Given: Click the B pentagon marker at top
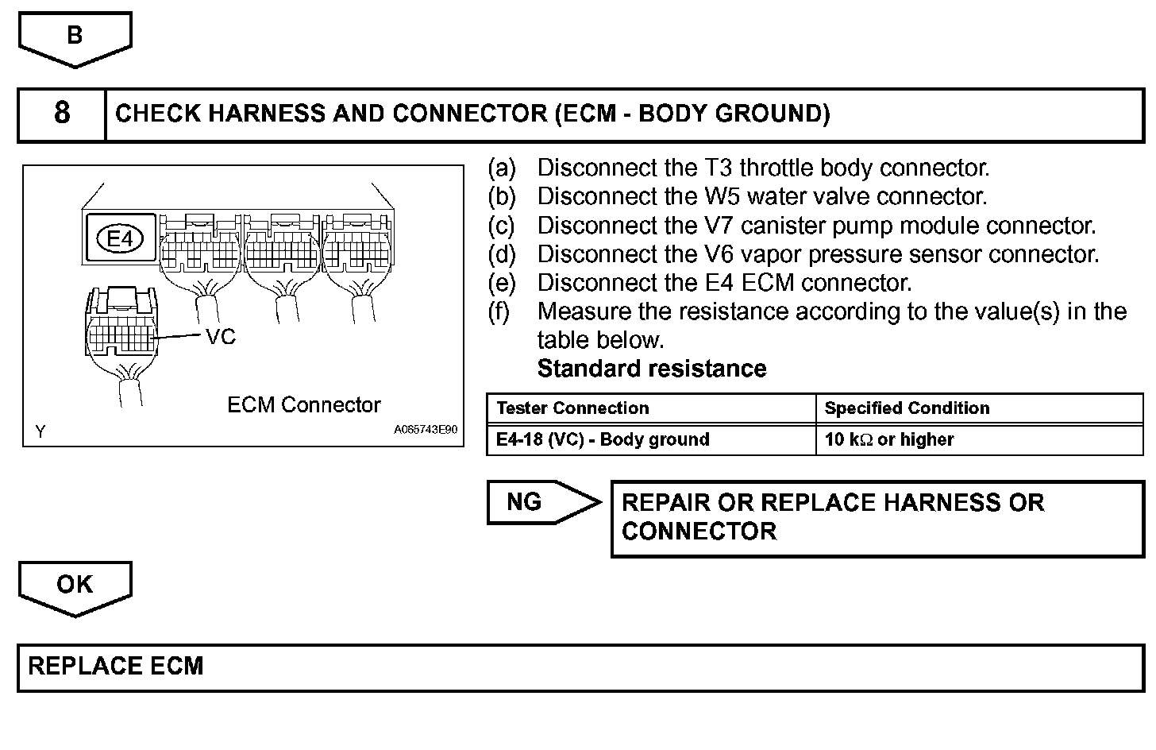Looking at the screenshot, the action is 75,37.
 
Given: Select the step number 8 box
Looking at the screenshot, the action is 62,114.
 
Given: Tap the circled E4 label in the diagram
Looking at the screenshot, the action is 119,238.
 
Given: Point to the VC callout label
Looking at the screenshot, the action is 221,337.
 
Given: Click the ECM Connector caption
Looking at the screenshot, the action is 304,405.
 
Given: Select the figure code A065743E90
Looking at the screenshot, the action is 426,430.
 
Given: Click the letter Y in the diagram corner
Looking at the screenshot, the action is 40,431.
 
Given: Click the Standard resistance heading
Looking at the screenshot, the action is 652,369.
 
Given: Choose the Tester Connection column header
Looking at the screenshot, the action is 572,408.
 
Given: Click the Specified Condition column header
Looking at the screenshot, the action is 907,408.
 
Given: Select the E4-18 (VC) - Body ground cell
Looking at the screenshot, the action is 603,439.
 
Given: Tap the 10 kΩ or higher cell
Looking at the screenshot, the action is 889,439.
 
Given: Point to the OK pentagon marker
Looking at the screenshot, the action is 75,586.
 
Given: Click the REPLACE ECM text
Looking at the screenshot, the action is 116,666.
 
